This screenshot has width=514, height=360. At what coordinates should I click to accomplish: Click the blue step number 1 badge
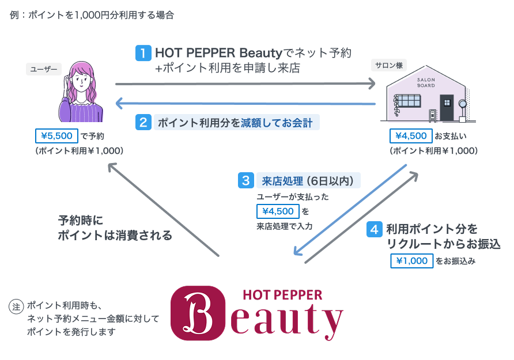[143, 54]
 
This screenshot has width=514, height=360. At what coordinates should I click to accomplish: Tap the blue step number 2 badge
[143, 122]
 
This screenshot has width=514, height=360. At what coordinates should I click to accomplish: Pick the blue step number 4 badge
[374, 229]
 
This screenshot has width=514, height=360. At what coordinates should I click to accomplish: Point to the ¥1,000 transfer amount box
[411, 261]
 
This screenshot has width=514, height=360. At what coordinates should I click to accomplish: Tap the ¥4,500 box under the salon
[411, 136]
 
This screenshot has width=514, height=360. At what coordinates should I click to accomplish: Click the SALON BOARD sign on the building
[425, 82]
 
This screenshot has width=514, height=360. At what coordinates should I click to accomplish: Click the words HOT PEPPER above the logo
[282, 295]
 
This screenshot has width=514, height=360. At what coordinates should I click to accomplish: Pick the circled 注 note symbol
[17, 306]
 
